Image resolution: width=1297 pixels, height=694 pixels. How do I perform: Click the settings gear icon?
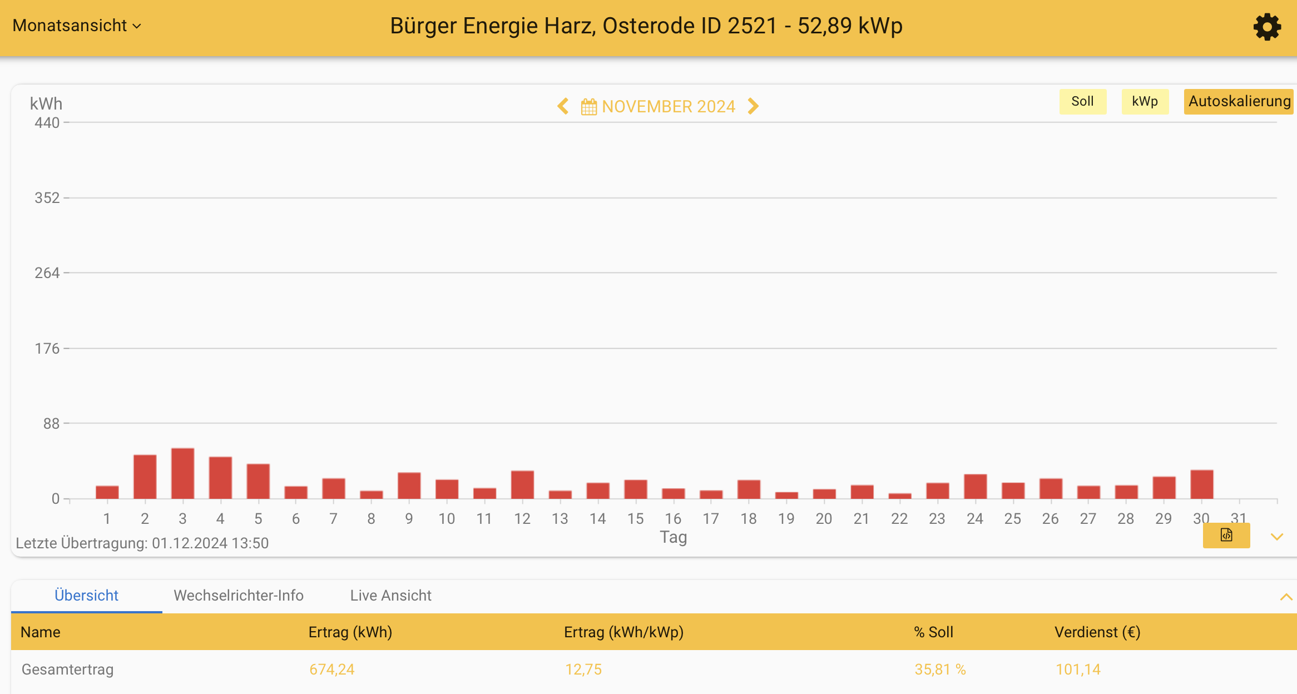[x=1267, y=27]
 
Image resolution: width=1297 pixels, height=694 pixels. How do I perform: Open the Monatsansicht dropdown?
[x=77, y=26]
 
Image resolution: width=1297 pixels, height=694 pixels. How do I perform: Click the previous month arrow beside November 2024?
[x=563, y=106]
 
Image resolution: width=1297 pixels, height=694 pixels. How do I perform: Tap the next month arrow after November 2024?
[x=753, y=106]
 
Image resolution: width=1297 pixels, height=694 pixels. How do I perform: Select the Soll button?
[x=1082, y=101]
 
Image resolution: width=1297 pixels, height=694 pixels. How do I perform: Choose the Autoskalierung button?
[x=1239, y=101]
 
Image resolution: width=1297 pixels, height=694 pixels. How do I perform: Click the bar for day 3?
[x=182, y=474]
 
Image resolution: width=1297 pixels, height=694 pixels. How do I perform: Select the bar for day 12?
[x=522, y=485]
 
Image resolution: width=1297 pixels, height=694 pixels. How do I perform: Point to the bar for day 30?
[x=1201, y=484]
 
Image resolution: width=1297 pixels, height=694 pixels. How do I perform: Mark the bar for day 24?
[x=975, y=487]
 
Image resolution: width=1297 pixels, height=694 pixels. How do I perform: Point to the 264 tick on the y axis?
[x=47, y=273]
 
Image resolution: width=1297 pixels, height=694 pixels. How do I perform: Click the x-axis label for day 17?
[x=711, y=519]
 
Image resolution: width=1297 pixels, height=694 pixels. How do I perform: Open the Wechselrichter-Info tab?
[x=239, y=596]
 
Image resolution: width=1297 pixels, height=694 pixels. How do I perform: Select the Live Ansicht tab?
[x=390, y=596]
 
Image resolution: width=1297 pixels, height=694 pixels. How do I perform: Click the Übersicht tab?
[x=86, y=596]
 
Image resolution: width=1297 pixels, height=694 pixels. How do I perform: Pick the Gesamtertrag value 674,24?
[x=331, y=670]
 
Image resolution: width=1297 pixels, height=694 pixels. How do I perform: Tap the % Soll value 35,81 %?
[x=940, y=670]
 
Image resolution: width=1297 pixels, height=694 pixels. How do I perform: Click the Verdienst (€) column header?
[x=1097, y=632]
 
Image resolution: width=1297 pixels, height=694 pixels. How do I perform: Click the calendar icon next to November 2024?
[x=588, y=106]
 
